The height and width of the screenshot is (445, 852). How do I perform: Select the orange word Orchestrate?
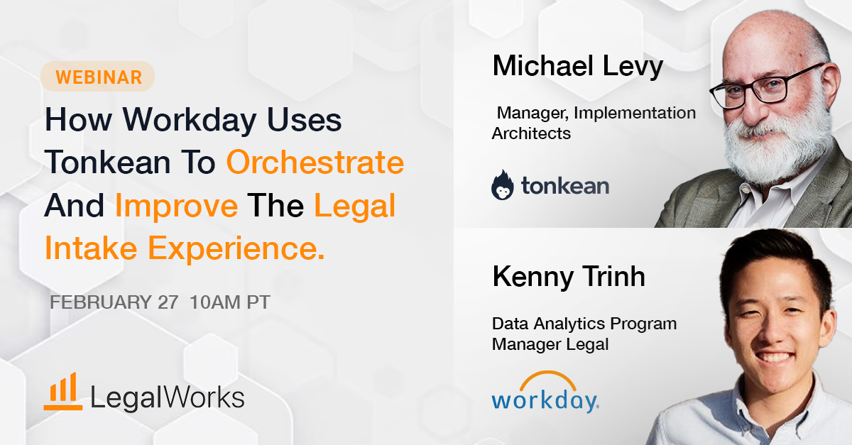315,163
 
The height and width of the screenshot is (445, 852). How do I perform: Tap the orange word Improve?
176,206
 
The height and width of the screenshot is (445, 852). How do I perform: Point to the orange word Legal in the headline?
354,206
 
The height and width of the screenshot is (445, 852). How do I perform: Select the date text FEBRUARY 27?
114,302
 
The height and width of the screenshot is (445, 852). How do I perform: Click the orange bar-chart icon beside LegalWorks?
62,392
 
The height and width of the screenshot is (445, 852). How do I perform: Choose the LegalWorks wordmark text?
168,397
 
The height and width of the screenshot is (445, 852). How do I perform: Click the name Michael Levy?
577,66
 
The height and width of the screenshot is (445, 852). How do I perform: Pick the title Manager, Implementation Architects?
594,123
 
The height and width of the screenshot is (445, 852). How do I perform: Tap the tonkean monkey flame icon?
503,185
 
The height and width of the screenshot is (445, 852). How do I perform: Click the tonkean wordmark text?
564,187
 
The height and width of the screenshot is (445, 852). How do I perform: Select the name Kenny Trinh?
569,277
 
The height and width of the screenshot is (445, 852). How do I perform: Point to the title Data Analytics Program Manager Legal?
584,334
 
